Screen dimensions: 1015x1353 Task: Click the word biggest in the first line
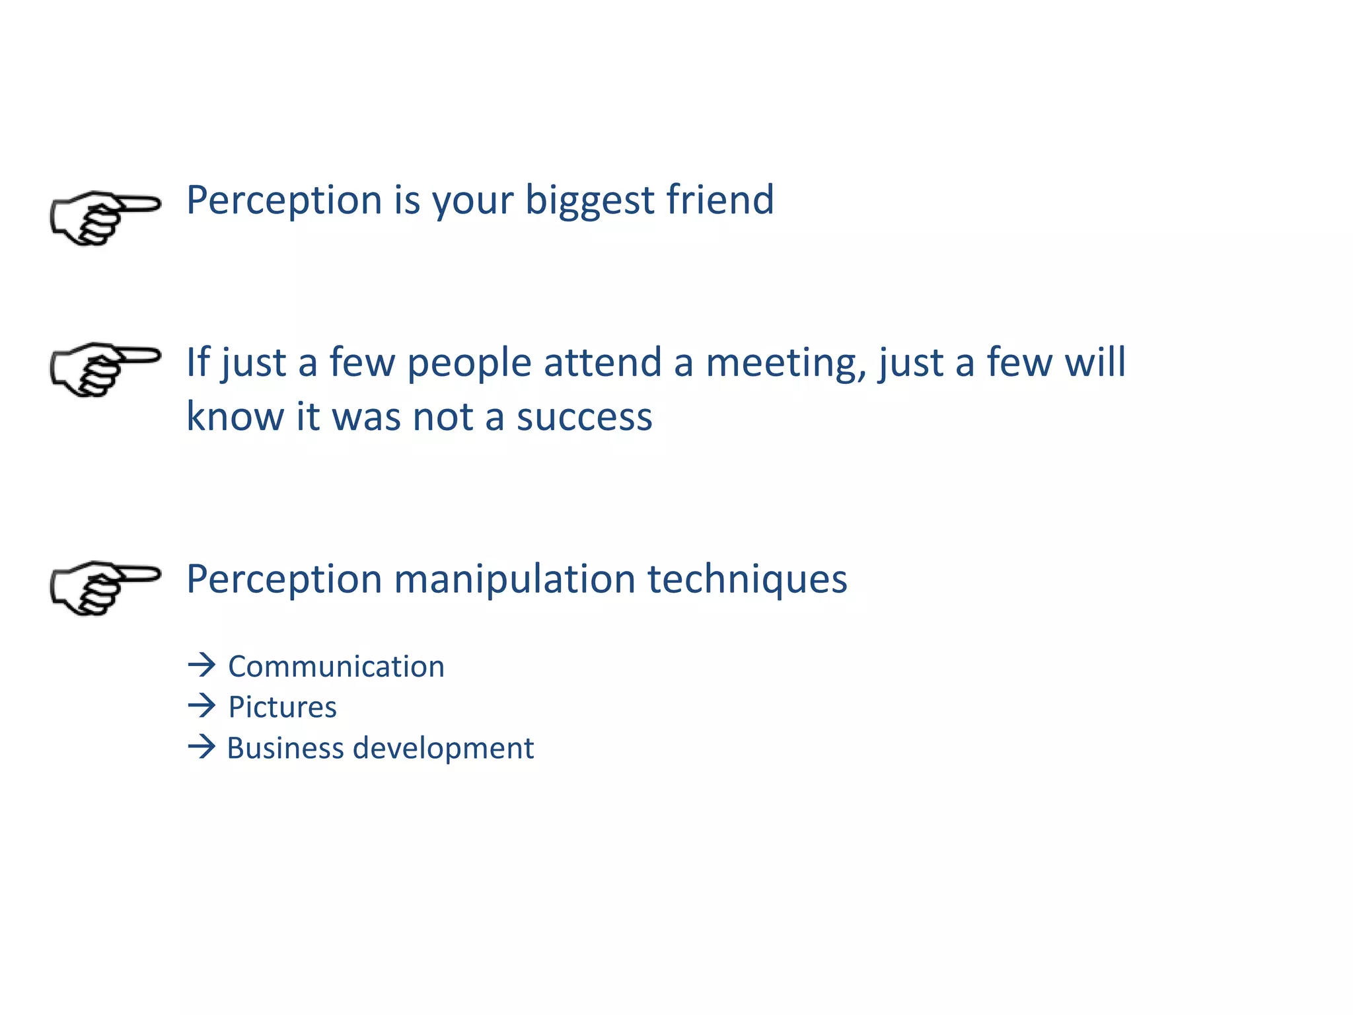coord(589,200)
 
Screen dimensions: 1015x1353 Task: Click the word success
coord(584,418)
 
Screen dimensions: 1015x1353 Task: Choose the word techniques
coord(747,579)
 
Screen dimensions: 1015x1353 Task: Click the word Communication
coord(336,666)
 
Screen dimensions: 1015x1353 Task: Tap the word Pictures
coord(282,707)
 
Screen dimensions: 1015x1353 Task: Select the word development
coord(443,748)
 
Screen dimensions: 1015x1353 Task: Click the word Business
coord(285,748)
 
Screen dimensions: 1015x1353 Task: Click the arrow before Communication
coord(201,665)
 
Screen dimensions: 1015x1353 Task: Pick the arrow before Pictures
coord(201,706)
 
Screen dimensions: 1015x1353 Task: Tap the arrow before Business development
coord(201,747)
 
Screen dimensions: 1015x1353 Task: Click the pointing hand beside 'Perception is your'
coord(104,217)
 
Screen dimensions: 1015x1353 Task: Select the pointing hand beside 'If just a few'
coord(104,369)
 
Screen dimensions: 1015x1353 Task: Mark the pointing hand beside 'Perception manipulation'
coord(104,587)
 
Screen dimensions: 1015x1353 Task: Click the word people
coord(469,364)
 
